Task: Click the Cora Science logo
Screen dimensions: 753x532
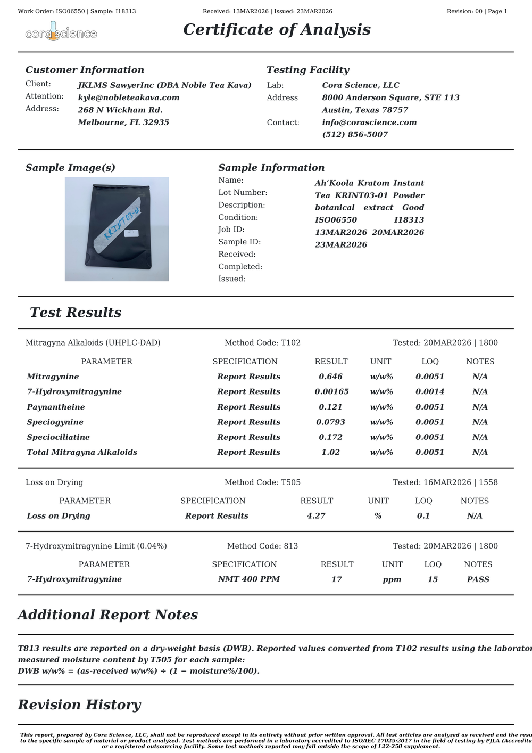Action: (x=61, y=32)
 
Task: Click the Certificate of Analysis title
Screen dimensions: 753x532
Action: (x=277, y=29)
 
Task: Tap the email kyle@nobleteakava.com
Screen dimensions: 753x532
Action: (x=128, y=97)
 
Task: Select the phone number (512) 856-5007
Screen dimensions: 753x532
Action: (x=355, y=134)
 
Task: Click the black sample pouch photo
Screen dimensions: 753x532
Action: (x=117, y=229)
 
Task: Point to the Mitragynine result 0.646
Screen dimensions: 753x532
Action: (x=330, y=376)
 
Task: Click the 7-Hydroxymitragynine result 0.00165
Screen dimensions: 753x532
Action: (x=331, y=391)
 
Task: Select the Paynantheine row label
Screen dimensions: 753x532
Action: (x=56, y=407)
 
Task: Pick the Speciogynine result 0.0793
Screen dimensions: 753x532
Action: (x=330, y=422)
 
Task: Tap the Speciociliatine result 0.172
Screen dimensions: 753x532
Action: (x=330, y=437)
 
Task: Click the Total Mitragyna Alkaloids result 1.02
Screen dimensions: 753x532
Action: (x=330, y=452)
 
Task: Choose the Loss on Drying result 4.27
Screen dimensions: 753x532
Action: (x=316, y=515)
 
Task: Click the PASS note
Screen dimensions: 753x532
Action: (x=478, y=579)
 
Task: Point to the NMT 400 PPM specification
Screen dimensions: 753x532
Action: (x=248, y=579)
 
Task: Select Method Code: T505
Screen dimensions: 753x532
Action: (x=262, y=482)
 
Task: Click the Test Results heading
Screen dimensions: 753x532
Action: (x=76, y=313)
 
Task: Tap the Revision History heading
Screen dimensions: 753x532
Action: (x=79, y=705)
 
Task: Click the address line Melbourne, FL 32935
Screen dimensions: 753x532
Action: (x=123, y=122)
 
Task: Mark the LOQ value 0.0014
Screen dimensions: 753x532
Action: (x=429, y=391)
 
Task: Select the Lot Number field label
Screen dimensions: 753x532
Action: (x=243, y=192)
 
